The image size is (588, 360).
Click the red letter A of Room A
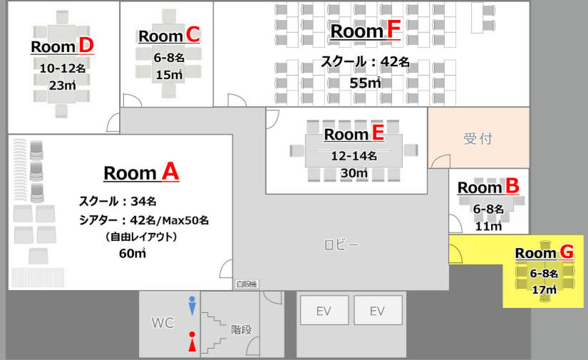pyautogui.click(x=170, y=172)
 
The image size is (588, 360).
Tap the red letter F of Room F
pyautogui.click(x=393, y=30)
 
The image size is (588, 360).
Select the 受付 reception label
pyautogui.click(x=478, y=138)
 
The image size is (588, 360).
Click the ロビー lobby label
pyautogui.click(x=341, y=245)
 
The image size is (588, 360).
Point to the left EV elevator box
pyautogui.click(x=324, y=310)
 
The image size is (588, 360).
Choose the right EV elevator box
pyautogui.click(x=378, y=310)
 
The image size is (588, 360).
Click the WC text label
pyautogui.click(x=163, y=322)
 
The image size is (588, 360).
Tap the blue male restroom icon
pyautogui.click(x=192, y=306)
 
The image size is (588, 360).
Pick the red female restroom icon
pyautogui.click(x=192, y=341)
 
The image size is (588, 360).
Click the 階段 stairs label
pyautogui.click(x=241, y=329)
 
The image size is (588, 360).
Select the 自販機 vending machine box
pyautogui.click(x=247, y=284)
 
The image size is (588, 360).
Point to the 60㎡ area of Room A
pyautogui.click(x=133, y=254)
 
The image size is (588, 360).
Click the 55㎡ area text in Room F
pyautogui.click(x=365, y=83)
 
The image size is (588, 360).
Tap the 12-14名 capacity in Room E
pyautogui.click(x=354, y=155)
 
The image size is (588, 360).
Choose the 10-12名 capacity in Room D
pyautogui.click(x=63, y=68)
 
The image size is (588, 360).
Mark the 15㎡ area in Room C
pyautogui.click(x=169, y=75)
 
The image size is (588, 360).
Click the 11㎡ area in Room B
pyautogui.click(x=488, y=226)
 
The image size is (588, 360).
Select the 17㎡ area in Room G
pyautogui.click(x=544, y=289)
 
